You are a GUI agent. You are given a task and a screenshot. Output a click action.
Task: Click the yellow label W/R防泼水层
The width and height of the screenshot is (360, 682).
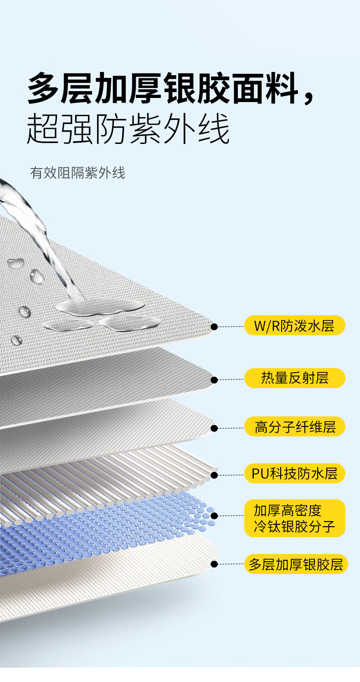(x=294, y=326)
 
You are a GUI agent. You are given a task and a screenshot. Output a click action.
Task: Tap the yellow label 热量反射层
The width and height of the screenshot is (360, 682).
(x=294, y=378)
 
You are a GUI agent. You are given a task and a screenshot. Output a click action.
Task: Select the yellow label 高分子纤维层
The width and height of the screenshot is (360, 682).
(x=294, y=427)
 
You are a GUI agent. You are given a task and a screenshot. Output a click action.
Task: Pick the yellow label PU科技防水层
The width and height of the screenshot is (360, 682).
(x=294, y=474)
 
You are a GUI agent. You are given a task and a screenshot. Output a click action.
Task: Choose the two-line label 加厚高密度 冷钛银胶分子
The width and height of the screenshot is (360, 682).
(x=294, y=518)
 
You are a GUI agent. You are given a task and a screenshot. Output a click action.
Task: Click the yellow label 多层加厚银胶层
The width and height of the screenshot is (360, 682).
(x=296, y=564)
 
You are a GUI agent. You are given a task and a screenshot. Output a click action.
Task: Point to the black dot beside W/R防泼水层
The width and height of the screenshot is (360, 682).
(x=214, y=327)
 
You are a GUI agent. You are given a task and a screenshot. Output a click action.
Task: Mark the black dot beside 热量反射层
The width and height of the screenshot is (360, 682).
(x=214, y=379)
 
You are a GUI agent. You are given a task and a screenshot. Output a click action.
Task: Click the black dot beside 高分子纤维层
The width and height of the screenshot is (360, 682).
(x=214, y=428)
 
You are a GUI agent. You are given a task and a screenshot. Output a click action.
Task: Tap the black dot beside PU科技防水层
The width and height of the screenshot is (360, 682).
(x=214, y=475)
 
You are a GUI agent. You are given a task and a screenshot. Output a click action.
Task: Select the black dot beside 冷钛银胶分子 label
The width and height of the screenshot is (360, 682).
(x=214, y=516)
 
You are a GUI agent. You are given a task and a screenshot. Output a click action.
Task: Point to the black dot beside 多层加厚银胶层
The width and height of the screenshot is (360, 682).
(x=214, y=564)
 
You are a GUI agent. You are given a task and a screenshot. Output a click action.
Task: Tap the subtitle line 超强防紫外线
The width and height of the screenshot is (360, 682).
(x=128, y=128)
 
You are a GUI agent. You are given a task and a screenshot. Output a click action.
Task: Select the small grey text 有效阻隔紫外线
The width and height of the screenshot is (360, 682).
(x=77, y=173)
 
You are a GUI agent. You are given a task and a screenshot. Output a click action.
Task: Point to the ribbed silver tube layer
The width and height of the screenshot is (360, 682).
(x=114, y=483)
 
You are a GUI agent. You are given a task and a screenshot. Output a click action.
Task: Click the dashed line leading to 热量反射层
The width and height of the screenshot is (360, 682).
(x=231, y=379)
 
